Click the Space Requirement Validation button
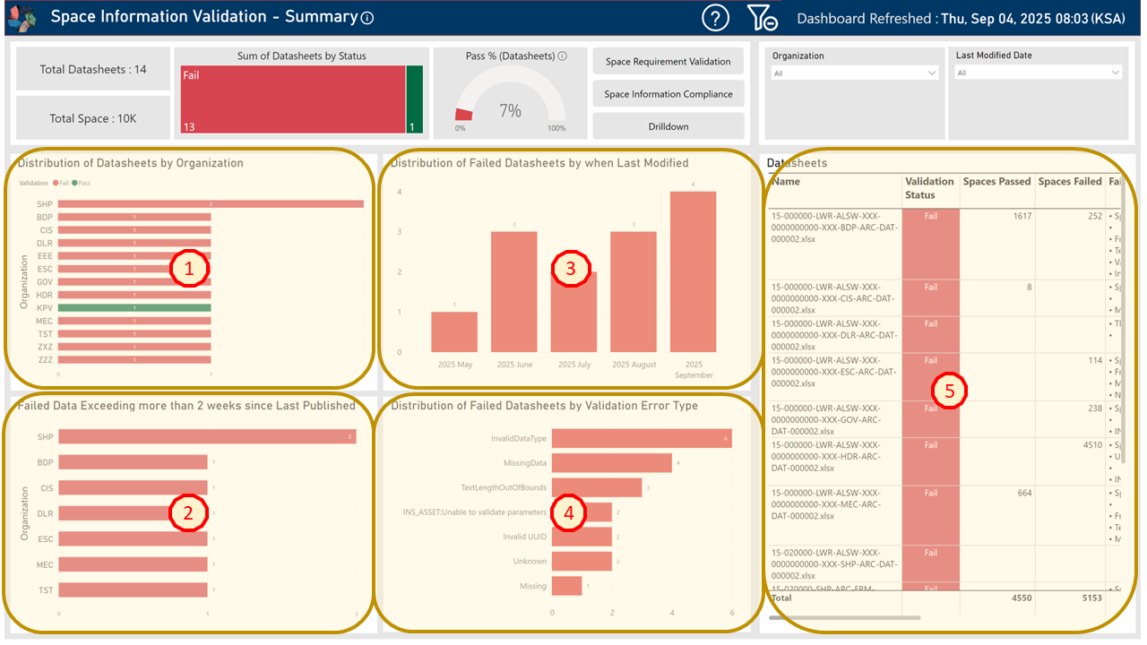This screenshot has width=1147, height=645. click(x=668, y=62)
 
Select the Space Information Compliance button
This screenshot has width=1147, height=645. click(x=668, y=94)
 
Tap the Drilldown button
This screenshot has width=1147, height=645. click(x=668, y=126)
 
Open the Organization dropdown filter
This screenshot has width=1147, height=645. click(x=855, y=73)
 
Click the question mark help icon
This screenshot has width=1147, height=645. click(x=715, y=18)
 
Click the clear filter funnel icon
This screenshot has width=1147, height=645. click(x=762, y=18)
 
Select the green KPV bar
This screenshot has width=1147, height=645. click(x=134, y=307)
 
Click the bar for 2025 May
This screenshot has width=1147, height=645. click(x=454, y=331)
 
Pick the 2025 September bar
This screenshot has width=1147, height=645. click(x=694, y=271)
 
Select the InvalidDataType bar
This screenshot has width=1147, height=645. click(x=642, y=438)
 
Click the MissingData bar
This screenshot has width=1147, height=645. click(x=611, y=463)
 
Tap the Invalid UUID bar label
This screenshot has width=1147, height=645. click(x=524, y=537)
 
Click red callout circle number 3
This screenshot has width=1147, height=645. click(x=571, y=267)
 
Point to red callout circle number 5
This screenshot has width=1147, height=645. click(x=949, y=391)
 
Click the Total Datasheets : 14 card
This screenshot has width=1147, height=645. click(x=93, y=69)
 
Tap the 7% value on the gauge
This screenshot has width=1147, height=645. click(x=510, y=111)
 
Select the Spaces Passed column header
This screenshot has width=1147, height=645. click(x=996, y=182)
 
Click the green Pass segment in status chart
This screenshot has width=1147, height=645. click(x=415, y=99)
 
